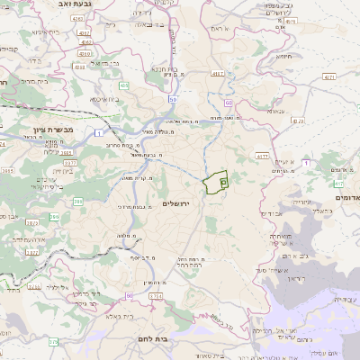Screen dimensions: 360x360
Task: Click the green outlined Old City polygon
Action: click(215, 183)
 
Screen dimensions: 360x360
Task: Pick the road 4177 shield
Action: click(263, 156)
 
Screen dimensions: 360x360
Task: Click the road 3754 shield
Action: click(156, 295)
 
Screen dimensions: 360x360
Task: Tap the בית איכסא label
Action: click(112, 99)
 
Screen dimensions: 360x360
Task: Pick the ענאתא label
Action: click(276, 112)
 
